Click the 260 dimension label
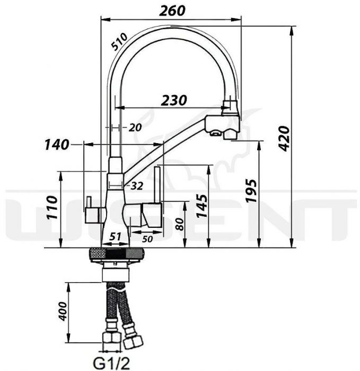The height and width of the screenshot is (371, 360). pyautogui.click(x=172, y=11)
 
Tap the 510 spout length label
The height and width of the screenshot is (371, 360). pyautogui.click(x=120, y=42)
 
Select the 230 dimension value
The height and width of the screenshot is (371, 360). pyautogui.click(x=174, y=100)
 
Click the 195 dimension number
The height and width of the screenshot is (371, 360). pyautogui.click(x=251, y=191)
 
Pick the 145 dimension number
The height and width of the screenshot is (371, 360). pyautogui.click(x=201, y=206)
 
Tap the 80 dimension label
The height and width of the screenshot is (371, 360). pyautogui.click(x=180, y=224)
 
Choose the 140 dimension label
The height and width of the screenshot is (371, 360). pyautogui.click(x=57, y=145)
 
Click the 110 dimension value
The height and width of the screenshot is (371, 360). pyautogui.click(x=52, y=208)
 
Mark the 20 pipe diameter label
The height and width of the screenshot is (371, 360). pyautogui.click(x=135, y=128)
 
